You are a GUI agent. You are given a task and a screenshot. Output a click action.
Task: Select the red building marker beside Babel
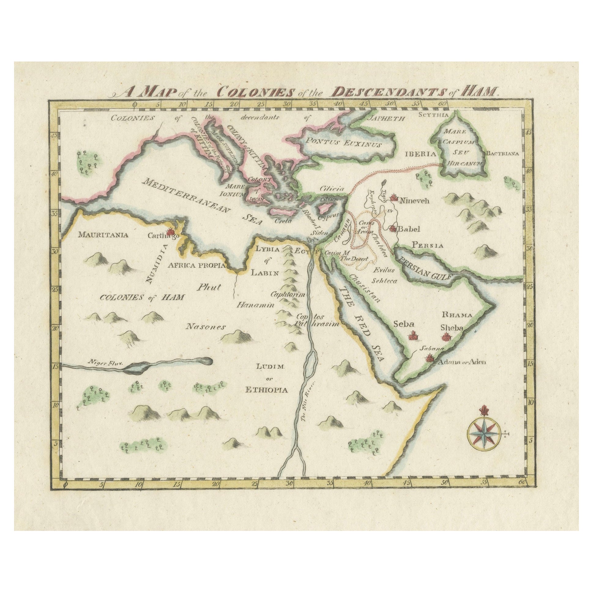click(392, 229)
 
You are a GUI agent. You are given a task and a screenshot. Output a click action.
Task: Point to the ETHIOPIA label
click(267, 390)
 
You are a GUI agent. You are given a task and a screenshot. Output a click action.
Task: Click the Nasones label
click(205, 327)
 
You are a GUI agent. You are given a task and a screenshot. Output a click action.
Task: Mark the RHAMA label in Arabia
click(456, 315)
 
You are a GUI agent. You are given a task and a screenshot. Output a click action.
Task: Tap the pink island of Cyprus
click(323, 210)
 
